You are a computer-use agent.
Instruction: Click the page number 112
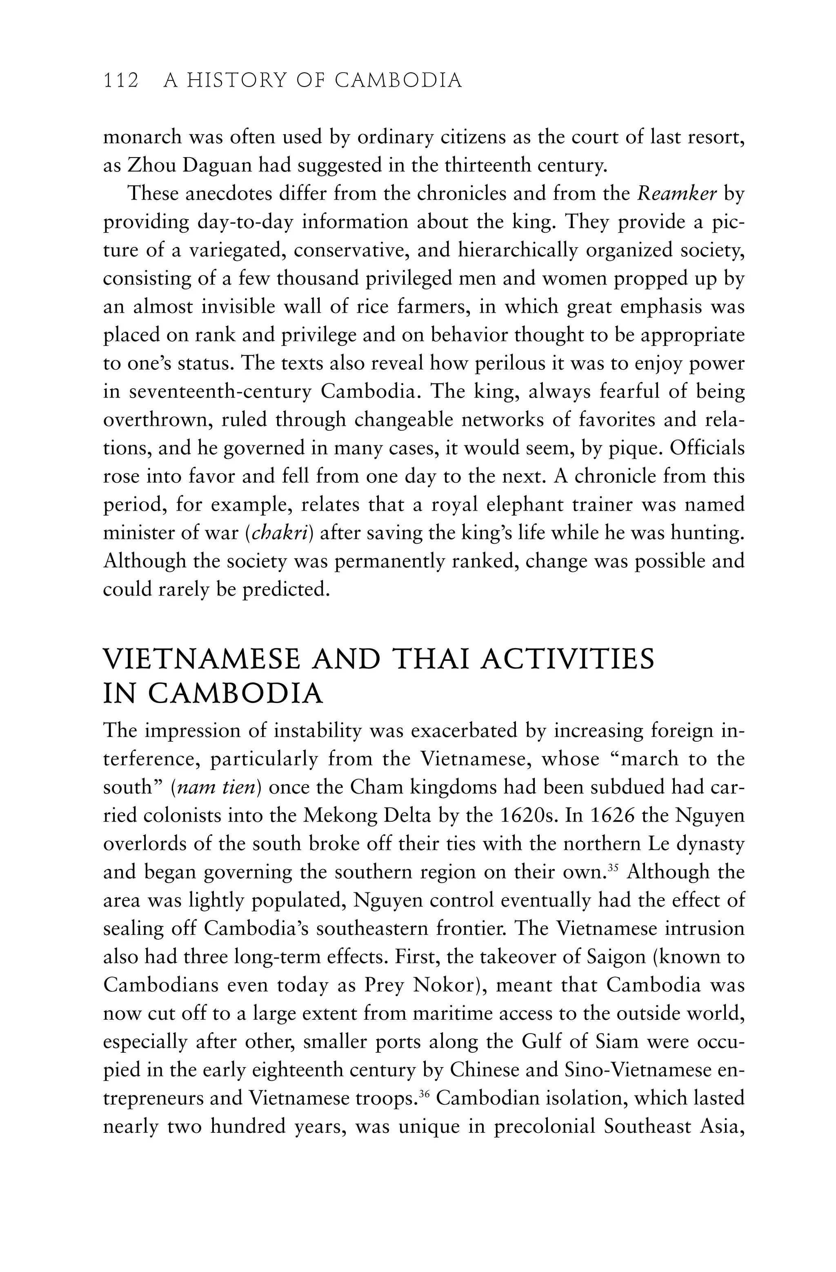click(x=121, y=81)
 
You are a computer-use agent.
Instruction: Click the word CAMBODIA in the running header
click(x=398, y=81)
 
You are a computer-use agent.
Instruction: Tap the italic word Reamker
click(x=677, y=193)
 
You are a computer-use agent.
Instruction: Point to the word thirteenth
click(x=473, y=166)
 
